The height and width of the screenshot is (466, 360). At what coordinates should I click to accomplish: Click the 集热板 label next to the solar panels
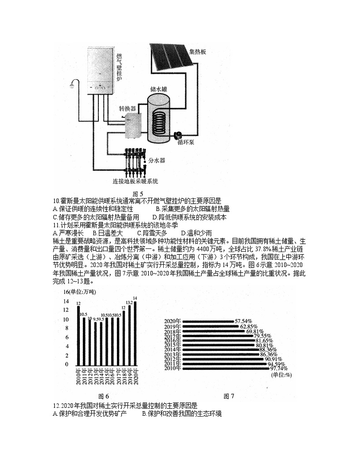198,52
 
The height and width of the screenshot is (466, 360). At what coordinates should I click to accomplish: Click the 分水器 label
157,160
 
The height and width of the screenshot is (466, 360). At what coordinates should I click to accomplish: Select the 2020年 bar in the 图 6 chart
135,333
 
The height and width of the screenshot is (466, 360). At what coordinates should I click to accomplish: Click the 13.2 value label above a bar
129,302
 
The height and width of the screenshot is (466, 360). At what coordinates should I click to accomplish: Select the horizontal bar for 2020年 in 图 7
207,321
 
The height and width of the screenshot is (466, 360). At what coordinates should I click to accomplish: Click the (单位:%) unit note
281,375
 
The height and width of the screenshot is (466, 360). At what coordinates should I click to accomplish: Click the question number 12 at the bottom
56,406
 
